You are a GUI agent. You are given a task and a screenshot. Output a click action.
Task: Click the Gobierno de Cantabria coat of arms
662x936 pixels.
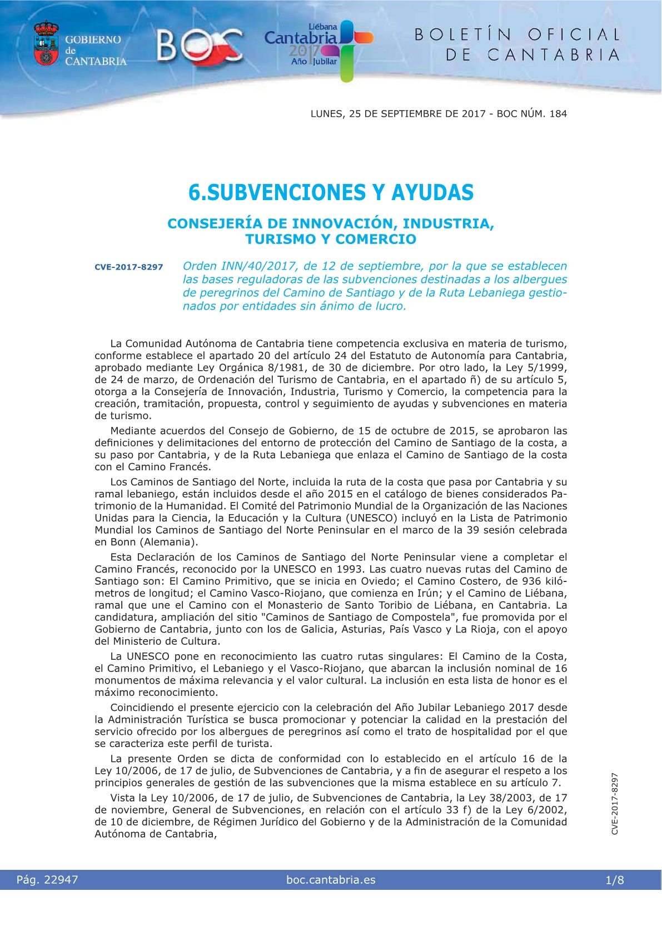[46, 44]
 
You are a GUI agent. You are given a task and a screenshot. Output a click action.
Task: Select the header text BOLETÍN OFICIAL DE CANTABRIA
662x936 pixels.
[517, 44]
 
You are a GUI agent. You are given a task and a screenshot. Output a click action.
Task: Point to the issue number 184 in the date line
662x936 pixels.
[558, 114]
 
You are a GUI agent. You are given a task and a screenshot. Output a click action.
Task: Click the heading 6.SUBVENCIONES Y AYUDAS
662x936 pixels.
[331, 193]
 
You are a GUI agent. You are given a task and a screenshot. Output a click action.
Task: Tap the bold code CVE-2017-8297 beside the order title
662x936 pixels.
[128, 267]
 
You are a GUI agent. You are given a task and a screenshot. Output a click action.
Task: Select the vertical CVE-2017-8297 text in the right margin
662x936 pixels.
[615, 803]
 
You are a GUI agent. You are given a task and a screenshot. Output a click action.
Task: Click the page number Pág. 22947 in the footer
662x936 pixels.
[47, 880]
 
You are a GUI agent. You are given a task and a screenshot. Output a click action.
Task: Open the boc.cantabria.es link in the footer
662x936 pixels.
[331, 880]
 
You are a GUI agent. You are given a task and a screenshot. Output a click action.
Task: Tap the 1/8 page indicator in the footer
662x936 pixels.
[614, 880]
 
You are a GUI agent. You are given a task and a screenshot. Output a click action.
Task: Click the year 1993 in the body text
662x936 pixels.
[349, 569]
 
